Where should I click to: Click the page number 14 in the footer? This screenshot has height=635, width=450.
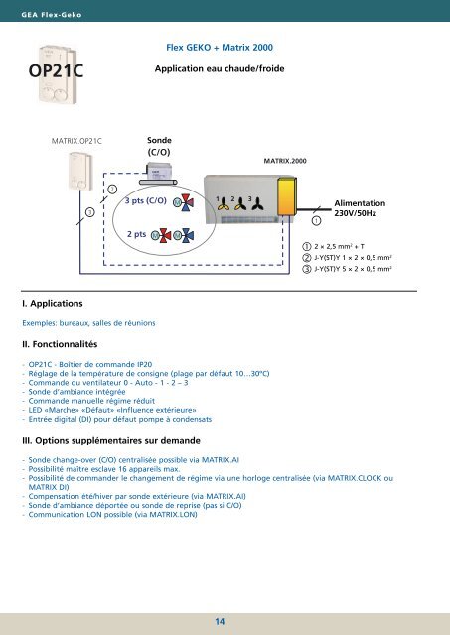coord(220,622)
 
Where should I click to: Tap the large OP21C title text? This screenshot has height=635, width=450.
coord(56,70)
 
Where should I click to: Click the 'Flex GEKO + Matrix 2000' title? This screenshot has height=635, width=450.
coord(220,48)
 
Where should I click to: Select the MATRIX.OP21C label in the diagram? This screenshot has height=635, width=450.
coord(76,141)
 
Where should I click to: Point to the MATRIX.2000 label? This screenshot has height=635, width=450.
coord(285,161)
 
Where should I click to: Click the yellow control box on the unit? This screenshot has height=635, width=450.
coord(287,197)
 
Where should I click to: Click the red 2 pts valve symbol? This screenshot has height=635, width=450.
coord(165,235)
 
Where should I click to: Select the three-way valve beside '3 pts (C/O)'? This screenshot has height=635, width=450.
coord(187,202)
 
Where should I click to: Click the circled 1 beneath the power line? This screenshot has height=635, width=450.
coord(316,220)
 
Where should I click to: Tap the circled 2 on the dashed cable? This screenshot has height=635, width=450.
coord(112,190)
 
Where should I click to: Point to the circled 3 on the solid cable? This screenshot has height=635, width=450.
coord(90,212)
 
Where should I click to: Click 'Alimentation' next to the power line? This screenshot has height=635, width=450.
coord(360,203)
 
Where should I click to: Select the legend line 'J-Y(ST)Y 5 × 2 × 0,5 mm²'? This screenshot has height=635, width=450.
coord(347,269)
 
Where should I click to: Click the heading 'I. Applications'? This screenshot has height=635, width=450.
coord(53,304)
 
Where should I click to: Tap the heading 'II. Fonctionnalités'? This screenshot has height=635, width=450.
coord(60,344)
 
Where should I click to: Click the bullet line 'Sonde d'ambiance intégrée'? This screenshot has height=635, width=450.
coord(76,392)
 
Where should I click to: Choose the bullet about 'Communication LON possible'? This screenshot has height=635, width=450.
coord(112,514)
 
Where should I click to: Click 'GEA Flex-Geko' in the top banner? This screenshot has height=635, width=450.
coord(52,15)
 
